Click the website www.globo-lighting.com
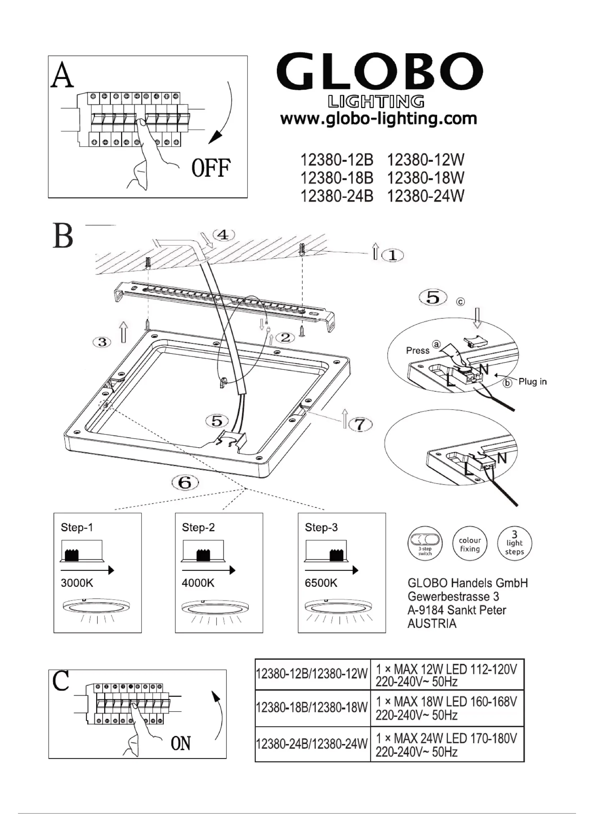(379, 119)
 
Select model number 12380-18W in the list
(425, 178)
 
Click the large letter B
(63, 236)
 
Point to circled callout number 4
(223, 235)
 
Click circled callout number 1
(393, 255)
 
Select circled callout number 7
(360, 425)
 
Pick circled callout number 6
(185, 483)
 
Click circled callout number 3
(102, 342)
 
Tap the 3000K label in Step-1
(77, 583)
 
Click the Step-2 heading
(198, 527)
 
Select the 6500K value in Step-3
(321, 583)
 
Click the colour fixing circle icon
(470, 544)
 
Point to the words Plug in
(532, 382)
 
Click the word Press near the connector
(417, 350)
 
